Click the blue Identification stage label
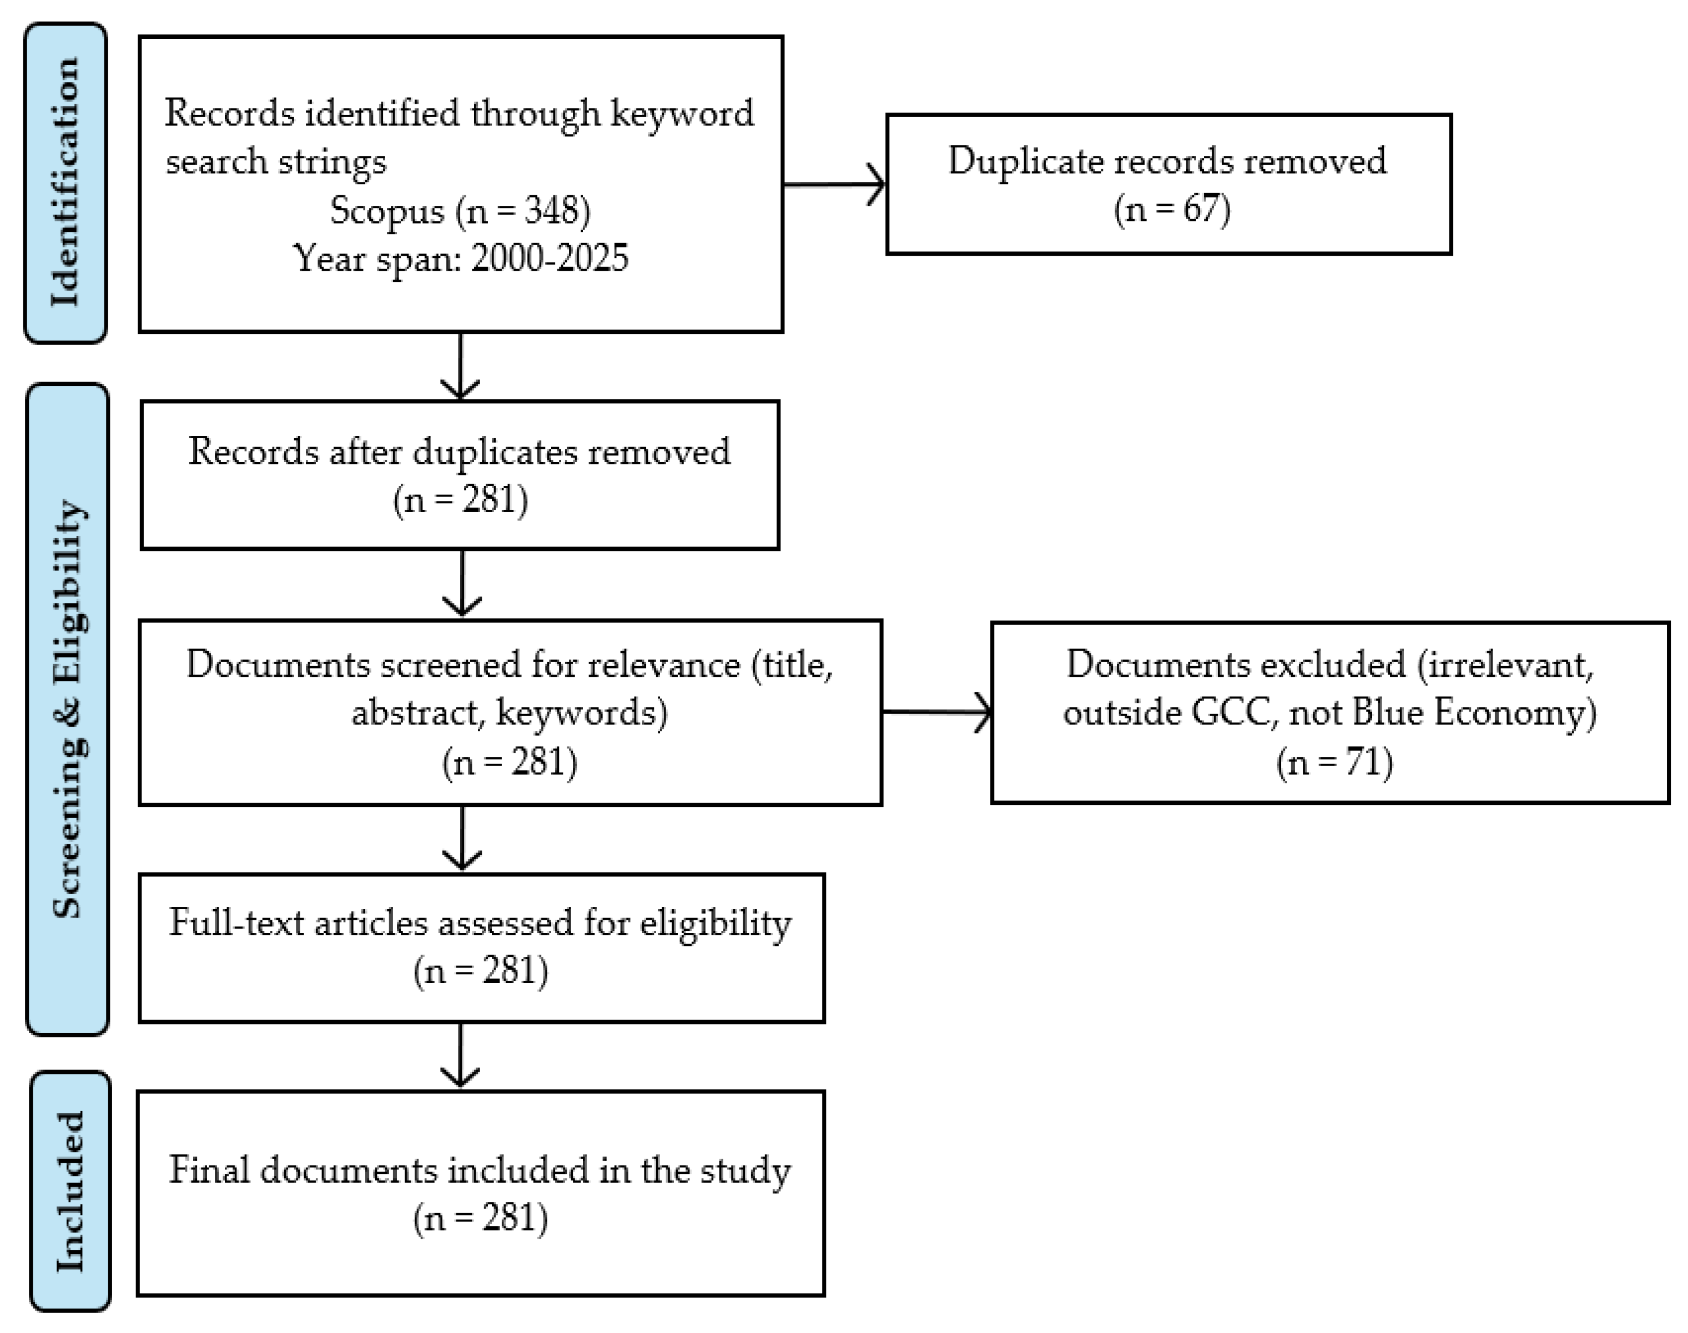pos(65,183)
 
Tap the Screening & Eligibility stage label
pos(68,708)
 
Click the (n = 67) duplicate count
pos(1172,209)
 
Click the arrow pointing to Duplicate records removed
pos(834,185)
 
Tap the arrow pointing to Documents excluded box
pos(937,711)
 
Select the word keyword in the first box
pos(682,114)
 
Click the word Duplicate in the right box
pos(1024,161)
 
